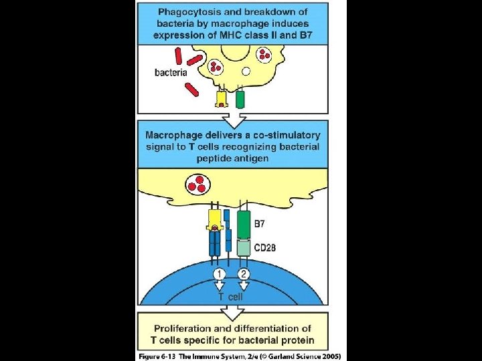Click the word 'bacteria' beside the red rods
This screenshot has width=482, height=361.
tap(170, 72)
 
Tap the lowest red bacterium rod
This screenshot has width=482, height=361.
tap(192, 89)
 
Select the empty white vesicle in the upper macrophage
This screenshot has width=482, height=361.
tap(246, 71)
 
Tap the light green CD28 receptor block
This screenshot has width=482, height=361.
tap(244, 249)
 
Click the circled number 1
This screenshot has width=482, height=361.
tap(219, 273)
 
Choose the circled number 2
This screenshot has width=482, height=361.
tap(244, 273)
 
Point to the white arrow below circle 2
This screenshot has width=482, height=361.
tap(244, 286)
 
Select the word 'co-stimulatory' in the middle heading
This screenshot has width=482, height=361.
tap(268, 135)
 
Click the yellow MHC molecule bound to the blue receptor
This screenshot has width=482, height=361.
tap(215, 219)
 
